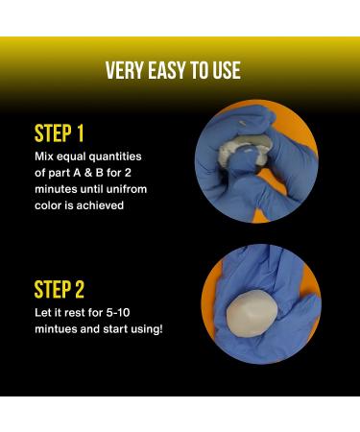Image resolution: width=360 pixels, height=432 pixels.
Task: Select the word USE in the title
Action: coord(227,70)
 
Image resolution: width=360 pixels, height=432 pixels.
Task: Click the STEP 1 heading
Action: coord(60,133)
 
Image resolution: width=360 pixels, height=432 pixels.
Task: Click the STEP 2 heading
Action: coord(60,290)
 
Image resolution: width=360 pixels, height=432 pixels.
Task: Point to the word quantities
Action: coord(115,156)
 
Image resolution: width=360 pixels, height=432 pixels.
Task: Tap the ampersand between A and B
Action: coord(88,173)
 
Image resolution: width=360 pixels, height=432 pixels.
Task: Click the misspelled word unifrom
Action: coord(127,189)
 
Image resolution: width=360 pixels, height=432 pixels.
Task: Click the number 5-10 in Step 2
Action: coord(118,313)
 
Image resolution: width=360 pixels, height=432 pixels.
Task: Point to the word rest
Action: coord(75,313)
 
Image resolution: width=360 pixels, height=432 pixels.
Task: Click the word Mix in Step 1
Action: coord(44,156)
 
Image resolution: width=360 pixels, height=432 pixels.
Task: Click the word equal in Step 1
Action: coord(71,157)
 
